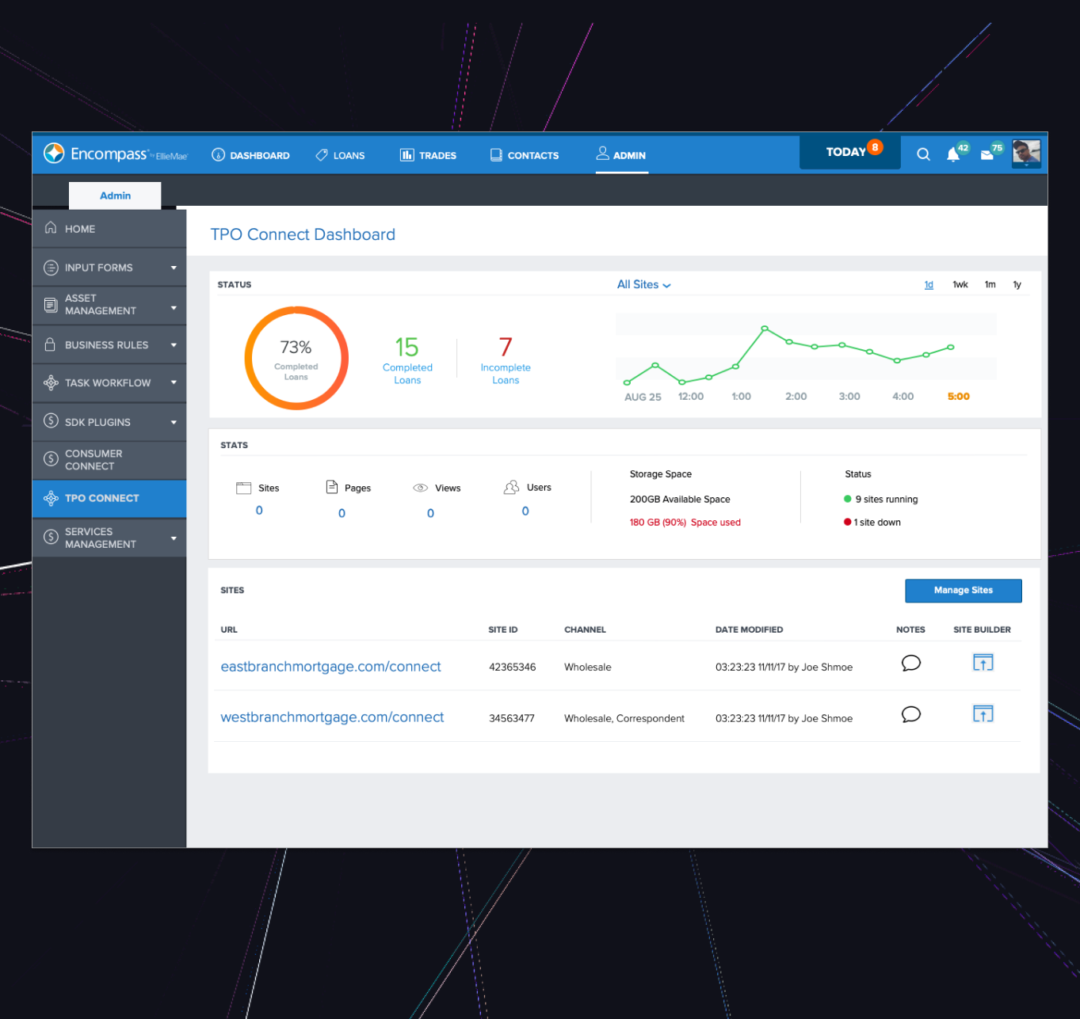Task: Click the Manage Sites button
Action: tap(963, 591)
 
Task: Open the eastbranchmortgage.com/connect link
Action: tap(330, 667)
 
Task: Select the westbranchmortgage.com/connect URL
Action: tap(332, 717)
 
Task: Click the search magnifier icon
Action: tap(923, 154)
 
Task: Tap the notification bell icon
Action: tap(953, 155)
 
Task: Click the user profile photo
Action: tap(1026, 152)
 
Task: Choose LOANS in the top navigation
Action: tap(341, 155)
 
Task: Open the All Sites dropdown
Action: tap(643, 285)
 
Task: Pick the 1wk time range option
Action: tap(960, 285)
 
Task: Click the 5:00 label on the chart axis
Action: tap(958, 397)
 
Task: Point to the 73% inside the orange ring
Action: tap(296, 348)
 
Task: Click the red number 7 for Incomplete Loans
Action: tap(506, 347)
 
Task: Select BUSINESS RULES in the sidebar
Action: tap(107, 345)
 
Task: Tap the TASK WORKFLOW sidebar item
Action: tap(108, 383)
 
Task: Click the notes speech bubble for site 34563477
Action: tap(910, 714)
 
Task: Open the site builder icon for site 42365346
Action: tap(983, 663)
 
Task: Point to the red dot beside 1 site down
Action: tap(847, 523)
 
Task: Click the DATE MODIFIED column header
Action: tap(749, 630)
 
